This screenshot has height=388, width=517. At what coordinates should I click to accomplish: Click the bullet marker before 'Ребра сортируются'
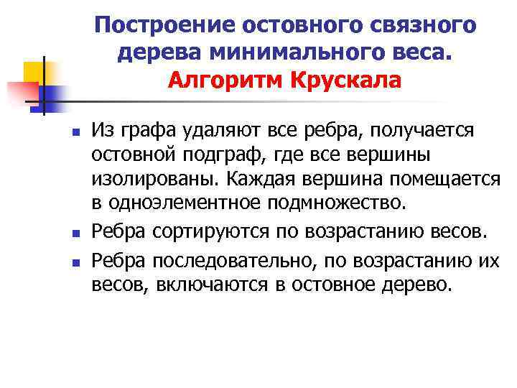point(74,233)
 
